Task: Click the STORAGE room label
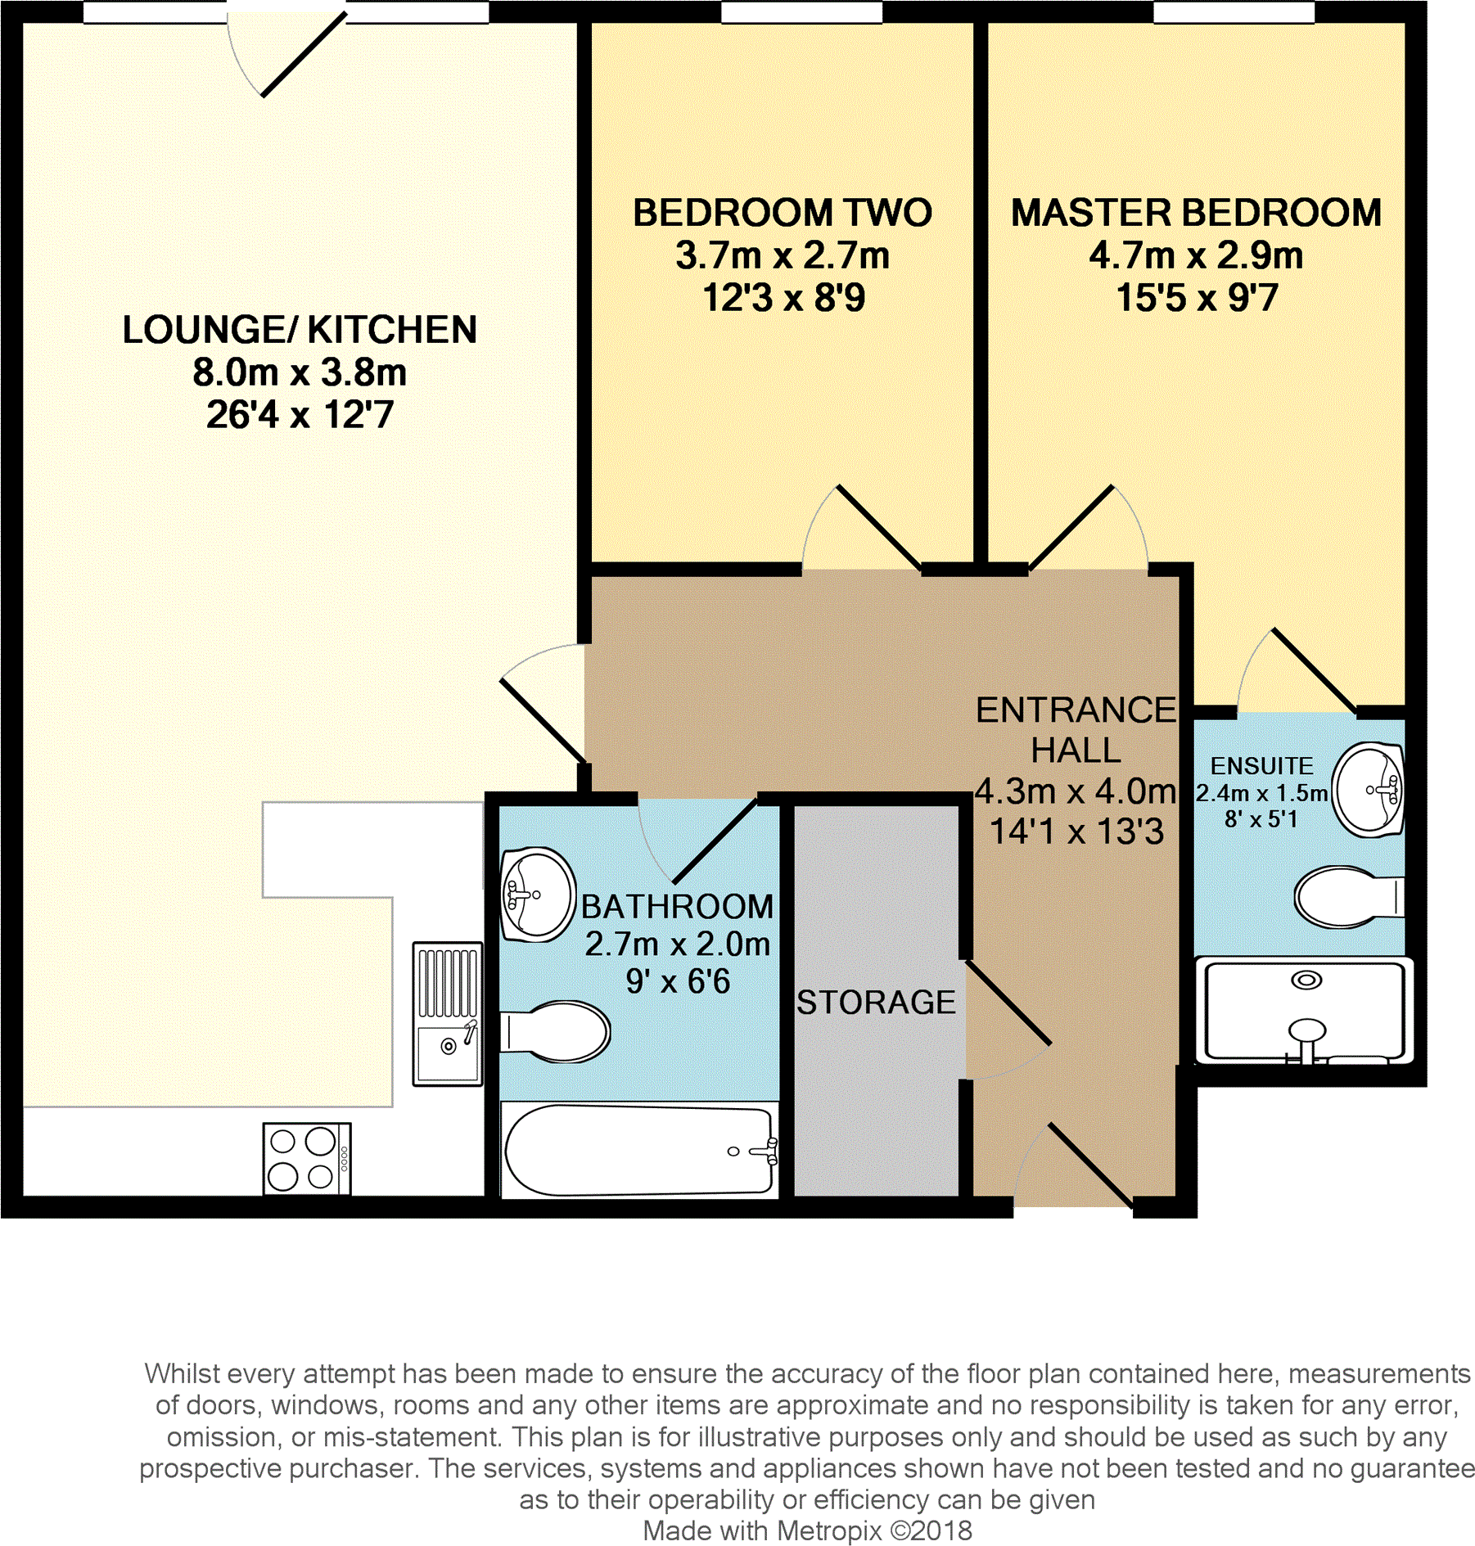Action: click(875, 1002)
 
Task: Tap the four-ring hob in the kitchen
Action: click(306, 1158)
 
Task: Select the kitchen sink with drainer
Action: click(447, 1014)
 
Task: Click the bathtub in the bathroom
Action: click(639, 1150)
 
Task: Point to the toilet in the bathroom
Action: click(557, 1031)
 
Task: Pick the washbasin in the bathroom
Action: click(537, 894)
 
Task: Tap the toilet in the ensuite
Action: click(1346, 897)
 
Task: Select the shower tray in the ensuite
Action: click(1306, 1012)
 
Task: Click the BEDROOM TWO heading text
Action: click(782, 213)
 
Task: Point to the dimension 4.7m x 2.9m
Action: click(1195, 256)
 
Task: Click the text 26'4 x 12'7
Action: click(300, 415)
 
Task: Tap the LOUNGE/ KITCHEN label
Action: click(300, 330)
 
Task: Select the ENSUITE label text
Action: click(1261, 766)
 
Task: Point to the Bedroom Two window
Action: click(801, 12)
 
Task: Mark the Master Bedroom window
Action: click(1234, 12)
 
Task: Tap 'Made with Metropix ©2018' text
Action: click(807, 1530)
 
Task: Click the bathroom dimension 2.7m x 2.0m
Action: click(677, 944)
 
